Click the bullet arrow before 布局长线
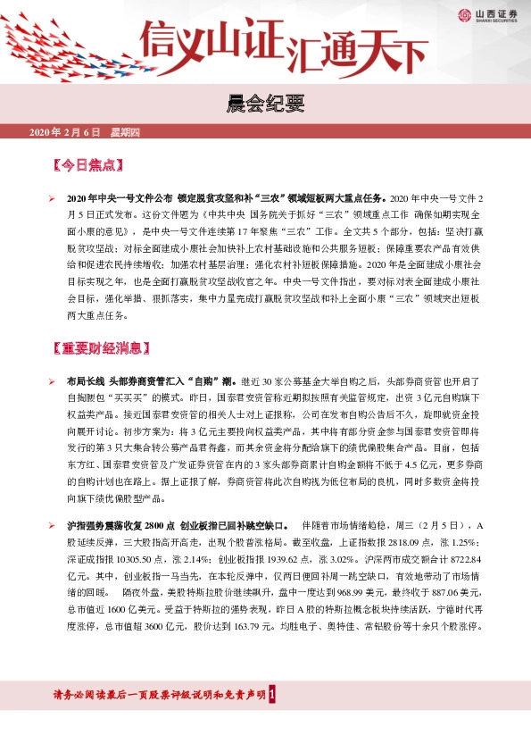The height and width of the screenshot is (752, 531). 53,381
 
